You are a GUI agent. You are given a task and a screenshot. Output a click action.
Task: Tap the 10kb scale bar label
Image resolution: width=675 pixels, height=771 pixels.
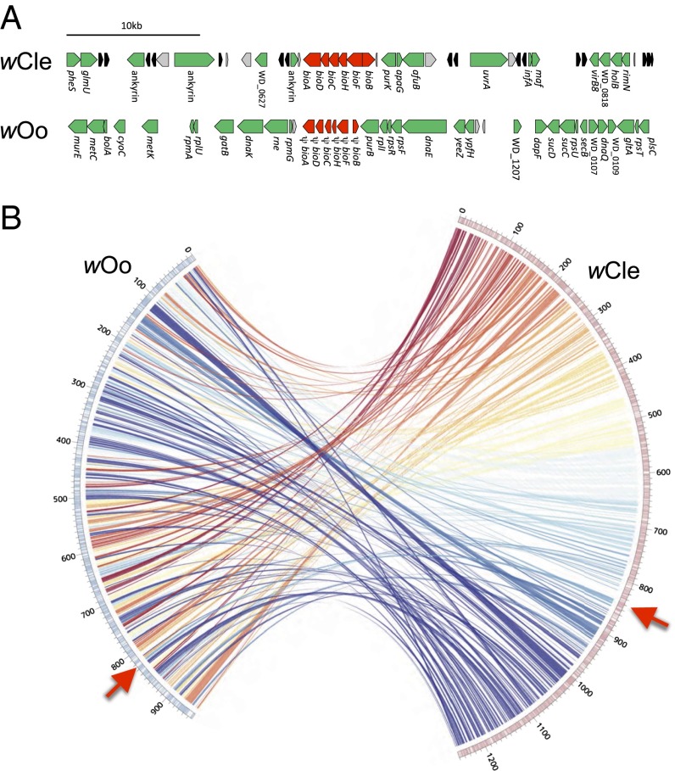click(133, 25)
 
